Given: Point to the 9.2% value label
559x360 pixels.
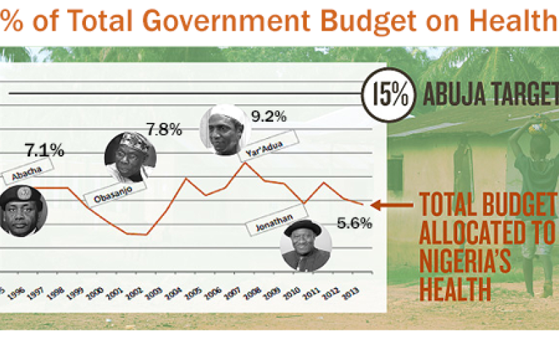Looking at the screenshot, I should [269, 117].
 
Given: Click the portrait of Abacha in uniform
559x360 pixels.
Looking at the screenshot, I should [22, 210].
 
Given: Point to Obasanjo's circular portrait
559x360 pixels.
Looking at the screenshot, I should [130, 158].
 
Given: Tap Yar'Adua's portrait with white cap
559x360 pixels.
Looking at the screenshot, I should [224, 131].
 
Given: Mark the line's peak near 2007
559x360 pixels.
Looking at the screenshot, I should [244, 163].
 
